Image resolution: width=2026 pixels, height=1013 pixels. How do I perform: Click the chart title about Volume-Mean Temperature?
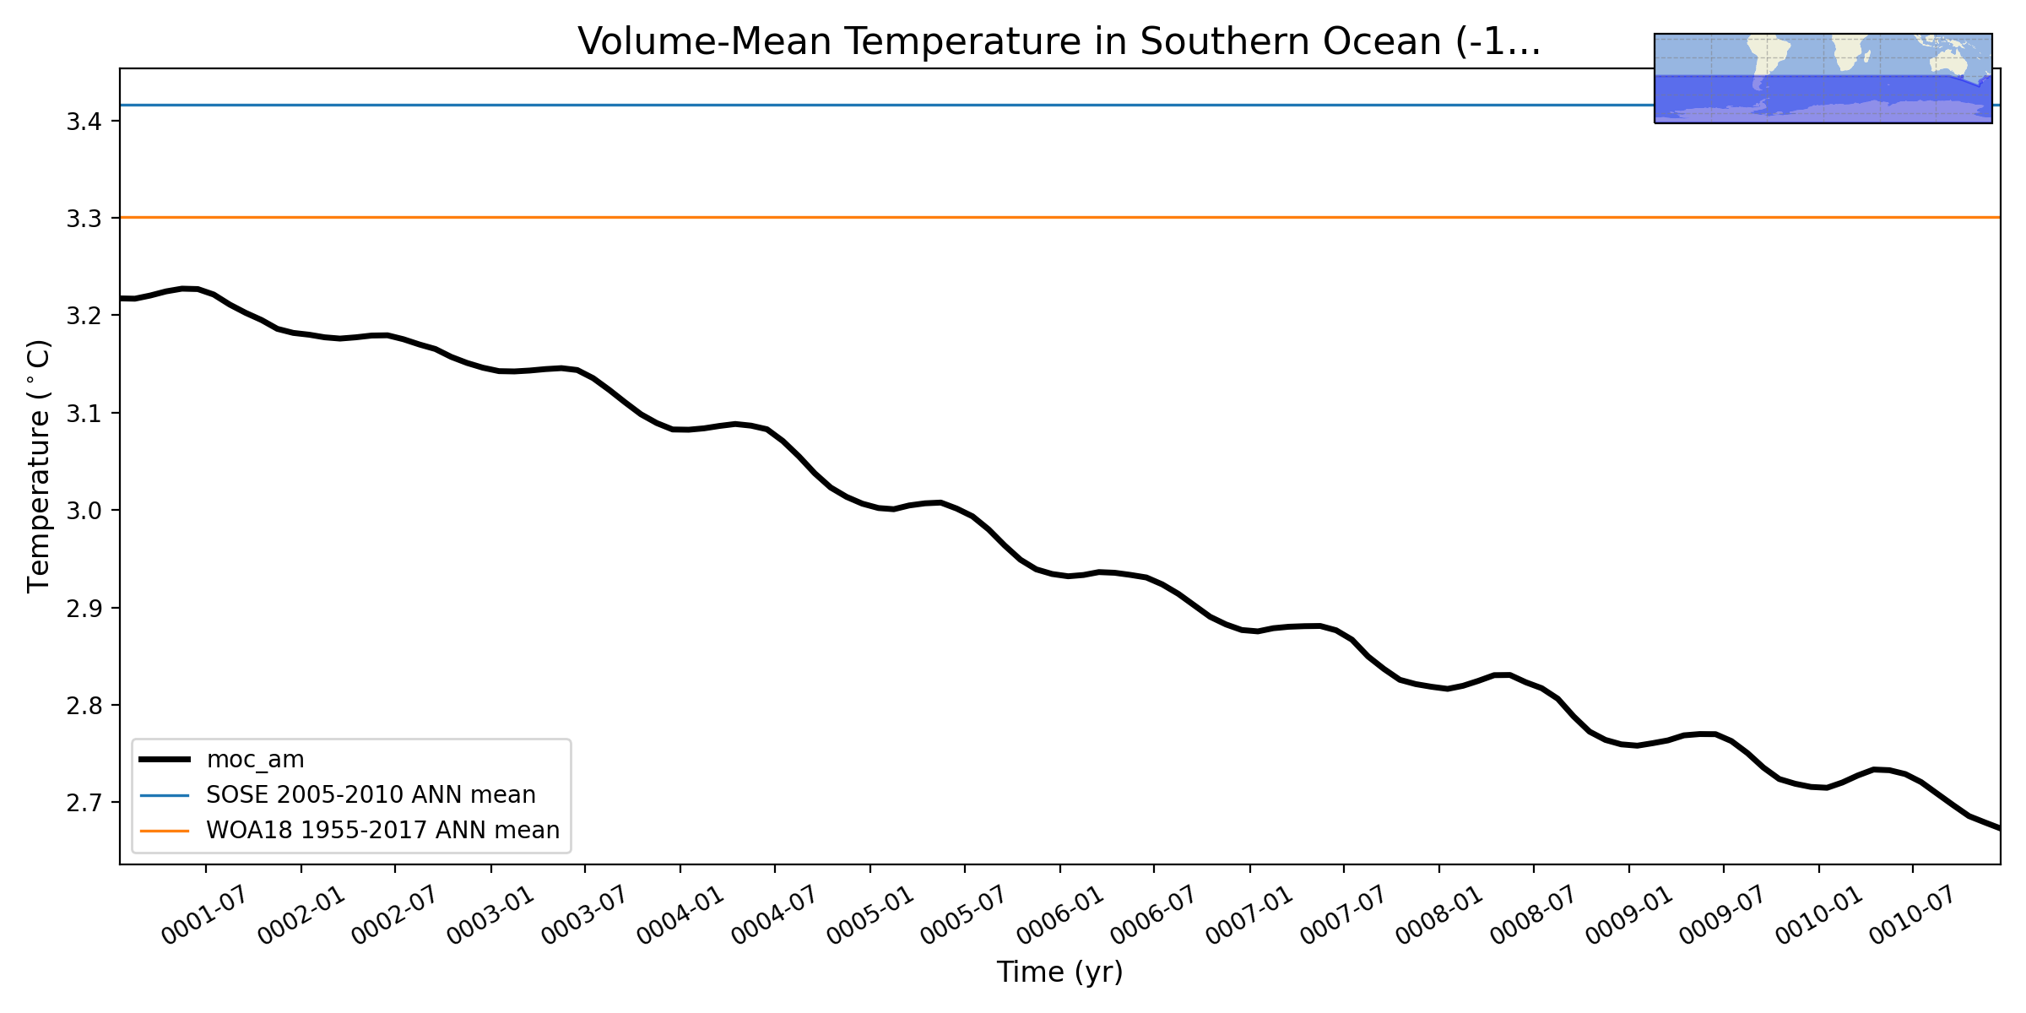click(x=1059, y=42)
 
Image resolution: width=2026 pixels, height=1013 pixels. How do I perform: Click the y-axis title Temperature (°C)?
click(x=39, y=466)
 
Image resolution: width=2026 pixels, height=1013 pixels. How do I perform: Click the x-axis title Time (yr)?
click(x=1059, y=972)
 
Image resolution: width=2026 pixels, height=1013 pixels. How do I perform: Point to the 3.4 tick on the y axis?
click(x=84, y=122)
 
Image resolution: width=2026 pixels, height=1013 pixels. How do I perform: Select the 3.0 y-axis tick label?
click(x=84, y=511)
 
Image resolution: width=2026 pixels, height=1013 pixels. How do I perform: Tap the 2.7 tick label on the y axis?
click(x=84, y=803)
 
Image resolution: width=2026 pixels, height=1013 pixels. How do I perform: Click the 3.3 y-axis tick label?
click(x=84, y=219)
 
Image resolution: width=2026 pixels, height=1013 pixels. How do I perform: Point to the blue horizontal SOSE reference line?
click(x=844, y=106)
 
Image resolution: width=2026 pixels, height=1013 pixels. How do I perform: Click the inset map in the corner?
click(x=1823, y=79)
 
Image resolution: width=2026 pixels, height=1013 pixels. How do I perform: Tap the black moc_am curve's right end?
click(x=1997, y=828)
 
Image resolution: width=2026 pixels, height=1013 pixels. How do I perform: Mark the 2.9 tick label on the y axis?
click(x=84, y=609)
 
